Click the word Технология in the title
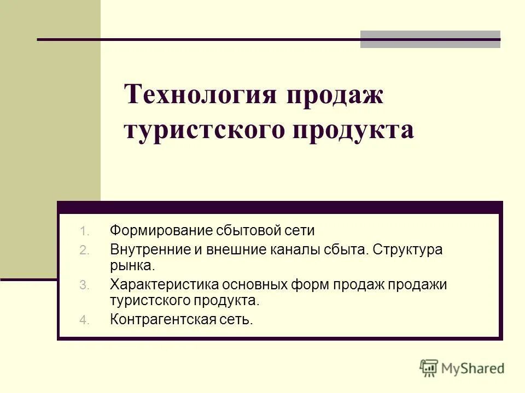pyautogui.click(x=201, y=96)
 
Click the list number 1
pyautogui.click(x=83, y=231)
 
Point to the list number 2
pyautogui.click(x=83, y=251)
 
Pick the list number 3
pyautogui.click(x=83, y=285)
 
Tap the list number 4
pyautogui.click(x=83, y=320)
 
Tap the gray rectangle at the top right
pyautogui.click(x=430, y=39)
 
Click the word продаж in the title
pyautogui.click(x=333, y=96)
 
